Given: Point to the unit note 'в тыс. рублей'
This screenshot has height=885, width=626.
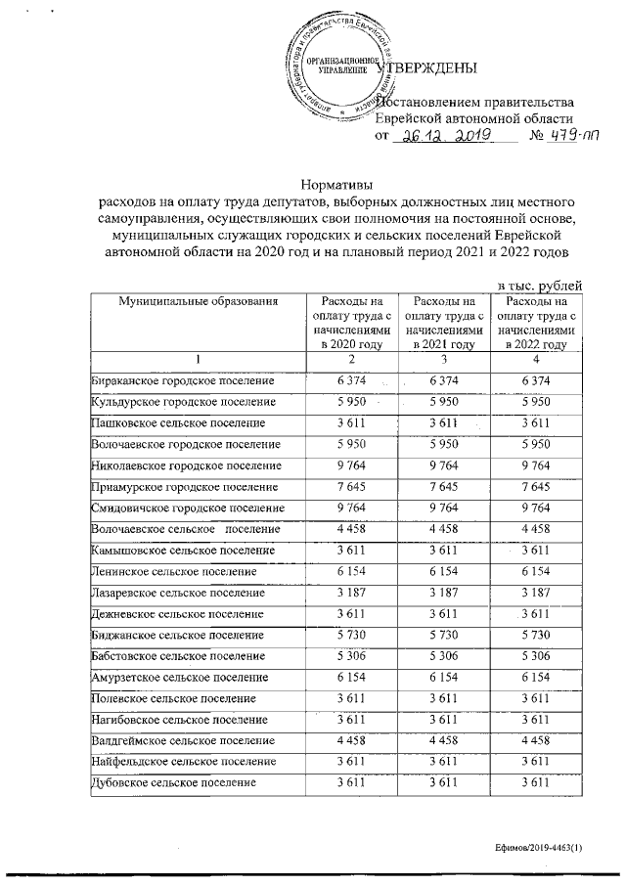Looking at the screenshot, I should (x=542, y=285).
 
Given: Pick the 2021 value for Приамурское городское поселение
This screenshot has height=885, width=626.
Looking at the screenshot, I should (x=444, y=487).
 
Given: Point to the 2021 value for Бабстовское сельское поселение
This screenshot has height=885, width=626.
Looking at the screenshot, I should (x=444, y=657).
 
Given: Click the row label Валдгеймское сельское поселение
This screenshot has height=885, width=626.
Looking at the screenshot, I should (x=182, y=740).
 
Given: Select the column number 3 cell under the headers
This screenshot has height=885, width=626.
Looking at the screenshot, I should (x=444, y=360).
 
